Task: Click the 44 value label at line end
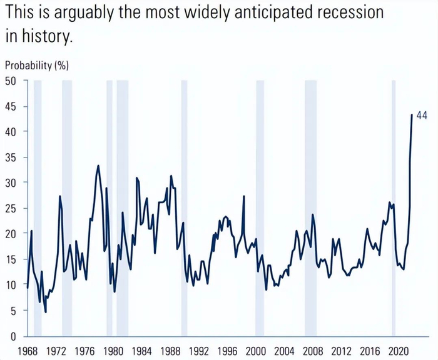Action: coord(422,116)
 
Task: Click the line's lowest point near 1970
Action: coord(46,311)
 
